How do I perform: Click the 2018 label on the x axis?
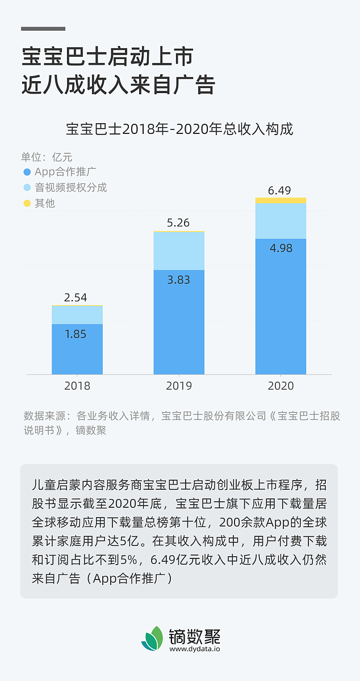click(x=77, y=386)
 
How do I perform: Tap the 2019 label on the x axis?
click(x=179, y=386)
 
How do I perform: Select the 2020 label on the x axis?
click(x=281, y=386)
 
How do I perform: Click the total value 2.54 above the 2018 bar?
click(x=76, y=296)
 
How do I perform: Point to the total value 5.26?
click(x=178, y=222)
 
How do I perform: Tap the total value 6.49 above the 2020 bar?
click(x=279, y=190)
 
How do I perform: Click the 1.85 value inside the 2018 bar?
click(x=76, y=334)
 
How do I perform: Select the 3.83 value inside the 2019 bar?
click(x=178, y=280)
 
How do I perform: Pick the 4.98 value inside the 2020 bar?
click(x=281, y=248)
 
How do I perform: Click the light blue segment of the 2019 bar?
click(x=179, y=251)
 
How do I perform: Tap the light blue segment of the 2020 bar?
click(x=281, y=220)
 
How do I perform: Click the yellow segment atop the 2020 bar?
click(x=281, y=200)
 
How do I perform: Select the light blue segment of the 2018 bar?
click(x=77, y=315)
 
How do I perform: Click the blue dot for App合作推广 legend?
click(x=27, y=172)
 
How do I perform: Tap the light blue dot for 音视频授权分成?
click(x=27, y=187)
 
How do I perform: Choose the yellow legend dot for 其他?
click(x=27, y=203)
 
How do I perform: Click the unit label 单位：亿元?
click(x=47, y=157)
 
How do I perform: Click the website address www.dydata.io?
click(x=195, y=649)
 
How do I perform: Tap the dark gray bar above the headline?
click(x=43, y=28)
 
